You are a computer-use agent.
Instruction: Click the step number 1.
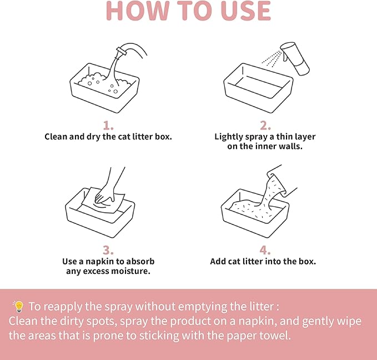[108, 125]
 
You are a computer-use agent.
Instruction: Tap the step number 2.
[265, 125]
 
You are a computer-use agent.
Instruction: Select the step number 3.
[108, 250]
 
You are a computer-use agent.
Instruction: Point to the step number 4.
[265, 250]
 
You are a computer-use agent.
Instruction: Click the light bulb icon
[18, 306]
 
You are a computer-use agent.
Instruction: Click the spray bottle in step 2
[295, 58]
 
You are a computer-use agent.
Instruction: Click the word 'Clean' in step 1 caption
[56, 136]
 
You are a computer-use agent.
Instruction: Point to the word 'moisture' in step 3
[131, 272]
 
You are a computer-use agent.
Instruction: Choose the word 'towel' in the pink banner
[277, 336]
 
